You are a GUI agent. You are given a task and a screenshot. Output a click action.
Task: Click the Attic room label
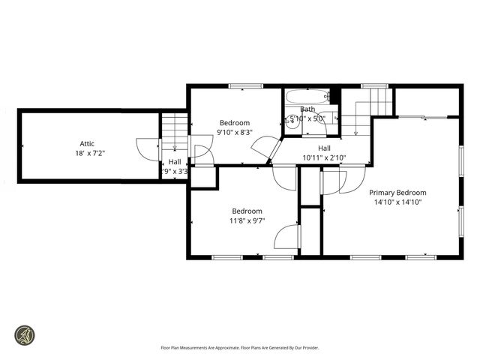click(87, 144)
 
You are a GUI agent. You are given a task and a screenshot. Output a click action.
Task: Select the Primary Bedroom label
click(397, 192)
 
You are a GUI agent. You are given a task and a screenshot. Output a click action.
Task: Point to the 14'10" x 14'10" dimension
click(397, 201)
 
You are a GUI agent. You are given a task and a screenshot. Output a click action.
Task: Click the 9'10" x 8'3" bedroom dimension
click(234, 132)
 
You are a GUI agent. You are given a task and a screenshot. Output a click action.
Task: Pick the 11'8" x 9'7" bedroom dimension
click(247, 220)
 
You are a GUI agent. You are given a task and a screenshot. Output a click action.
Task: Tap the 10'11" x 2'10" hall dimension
click(324, 157)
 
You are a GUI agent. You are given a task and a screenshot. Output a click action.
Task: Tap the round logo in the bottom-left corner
click(25, 334)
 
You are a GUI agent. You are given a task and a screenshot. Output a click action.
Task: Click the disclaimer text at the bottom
click(240, 347)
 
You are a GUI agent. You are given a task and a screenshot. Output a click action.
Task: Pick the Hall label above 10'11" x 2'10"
click(324, 148)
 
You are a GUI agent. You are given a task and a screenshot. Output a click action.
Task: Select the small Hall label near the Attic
click(174, 161)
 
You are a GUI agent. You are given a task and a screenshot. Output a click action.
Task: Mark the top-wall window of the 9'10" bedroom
click(239, 86)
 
